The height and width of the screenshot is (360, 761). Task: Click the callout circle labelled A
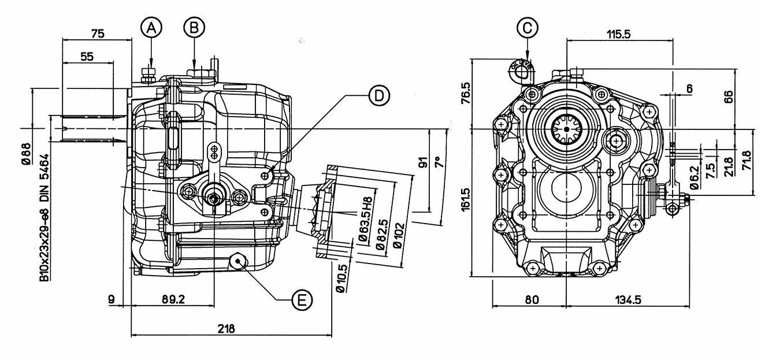pyautogui.click(x=150, y=27)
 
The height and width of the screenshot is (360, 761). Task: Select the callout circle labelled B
pyautogui.click(x=195, y=27)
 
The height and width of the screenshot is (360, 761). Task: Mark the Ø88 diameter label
pyautogui.click(x=26, y=154)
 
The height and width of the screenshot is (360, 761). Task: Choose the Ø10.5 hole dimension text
pyautogui.click(x=340, y=277)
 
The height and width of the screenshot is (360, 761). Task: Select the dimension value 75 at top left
pyautogui.click(x=98, y=34)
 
